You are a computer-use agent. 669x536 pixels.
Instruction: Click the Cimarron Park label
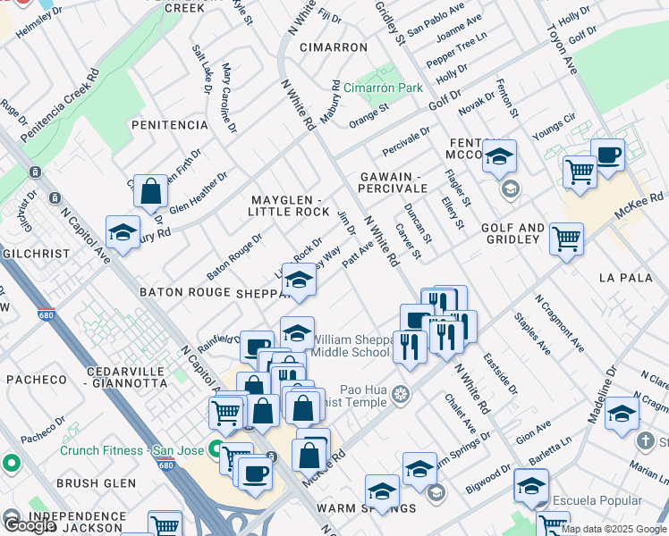point(383,88)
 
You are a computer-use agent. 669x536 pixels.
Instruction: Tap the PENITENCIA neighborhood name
point(169,124)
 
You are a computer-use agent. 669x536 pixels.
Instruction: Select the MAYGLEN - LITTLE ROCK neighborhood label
point(291,205)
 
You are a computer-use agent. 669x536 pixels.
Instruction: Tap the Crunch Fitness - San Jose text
point(132,450)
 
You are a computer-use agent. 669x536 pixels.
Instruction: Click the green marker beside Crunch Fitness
point(216,448)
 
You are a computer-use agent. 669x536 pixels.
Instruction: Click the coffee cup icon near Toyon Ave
point(607,155)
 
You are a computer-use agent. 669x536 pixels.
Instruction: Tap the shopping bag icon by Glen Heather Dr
point(151,190)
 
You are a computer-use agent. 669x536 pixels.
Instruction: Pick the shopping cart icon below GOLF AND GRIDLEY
point(566,239)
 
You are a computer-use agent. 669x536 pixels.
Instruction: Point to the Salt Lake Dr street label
point(201,68)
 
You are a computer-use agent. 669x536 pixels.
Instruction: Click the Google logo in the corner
point(30,525)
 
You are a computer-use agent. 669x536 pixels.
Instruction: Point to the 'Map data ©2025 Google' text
point(614,529)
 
